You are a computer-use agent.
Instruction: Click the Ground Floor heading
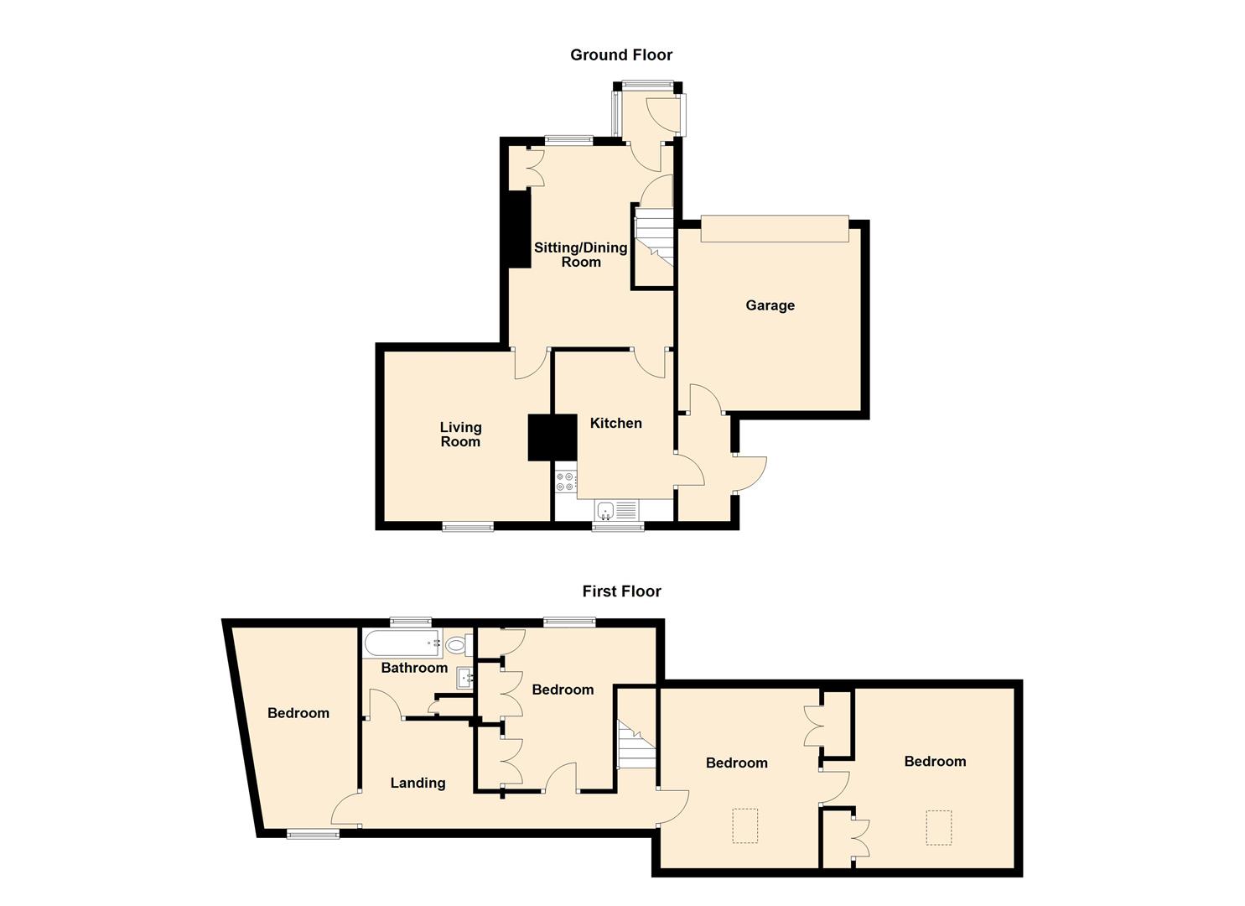(621, 55)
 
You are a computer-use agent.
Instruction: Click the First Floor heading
(621, 591)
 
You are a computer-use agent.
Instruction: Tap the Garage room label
(770, 305)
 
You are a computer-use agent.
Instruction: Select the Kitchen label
(615, 424)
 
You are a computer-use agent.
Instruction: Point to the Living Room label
(460, 435)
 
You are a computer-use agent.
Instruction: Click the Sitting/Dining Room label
(581, 254)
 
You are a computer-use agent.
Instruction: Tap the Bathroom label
(414, 668)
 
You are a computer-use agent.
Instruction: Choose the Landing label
(418, 783)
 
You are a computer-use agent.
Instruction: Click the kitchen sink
(616, 510)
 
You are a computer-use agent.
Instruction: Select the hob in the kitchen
(565, 482)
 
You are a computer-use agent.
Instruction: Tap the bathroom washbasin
(465, 678)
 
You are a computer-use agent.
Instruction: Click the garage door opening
(775, 229)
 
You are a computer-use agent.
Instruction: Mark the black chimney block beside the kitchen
(552, 437)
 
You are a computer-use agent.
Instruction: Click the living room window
(468, 527)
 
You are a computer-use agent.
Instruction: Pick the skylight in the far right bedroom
(938, 826)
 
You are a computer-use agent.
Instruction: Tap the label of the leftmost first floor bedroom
(298, 713)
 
